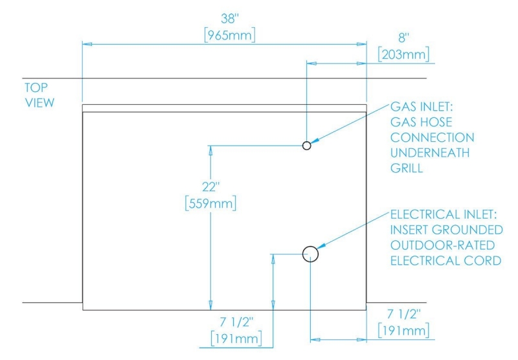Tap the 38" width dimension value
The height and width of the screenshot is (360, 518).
230,19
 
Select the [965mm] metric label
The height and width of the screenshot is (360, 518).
230,35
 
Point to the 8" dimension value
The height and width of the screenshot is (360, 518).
403,38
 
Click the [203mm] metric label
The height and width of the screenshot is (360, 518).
403,54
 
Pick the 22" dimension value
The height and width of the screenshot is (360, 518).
211,187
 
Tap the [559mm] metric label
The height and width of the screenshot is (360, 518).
211,203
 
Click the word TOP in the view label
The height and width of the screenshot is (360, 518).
36,87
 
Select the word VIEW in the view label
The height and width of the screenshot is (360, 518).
39,103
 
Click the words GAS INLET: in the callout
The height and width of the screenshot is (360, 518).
422,107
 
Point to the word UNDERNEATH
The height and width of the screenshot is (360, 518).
429,153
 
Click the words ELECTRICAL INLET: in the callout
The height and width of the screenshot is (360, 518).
444,214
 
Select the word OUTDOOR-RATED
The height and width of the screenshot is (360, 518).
442,245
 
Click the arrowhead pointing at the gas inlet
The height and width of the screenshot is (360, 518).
315,141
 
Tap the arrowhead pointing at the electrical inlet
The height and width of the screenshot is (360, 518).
321,246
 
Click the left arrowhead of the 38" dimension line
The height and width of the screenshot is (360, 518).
87,43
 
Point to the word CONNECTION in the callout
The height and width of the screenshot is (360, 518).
432,137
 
